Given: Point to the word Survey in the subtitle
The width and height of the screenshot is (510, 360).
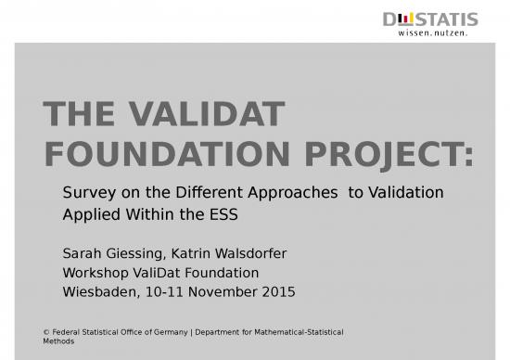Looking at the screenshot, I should [84, 193].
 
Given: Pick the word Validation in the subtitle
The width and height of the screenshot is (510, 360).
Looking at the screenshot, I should [406, 193].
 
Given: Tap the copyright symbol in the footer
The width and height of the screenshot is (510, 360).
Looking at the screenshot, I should [47, 332].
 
